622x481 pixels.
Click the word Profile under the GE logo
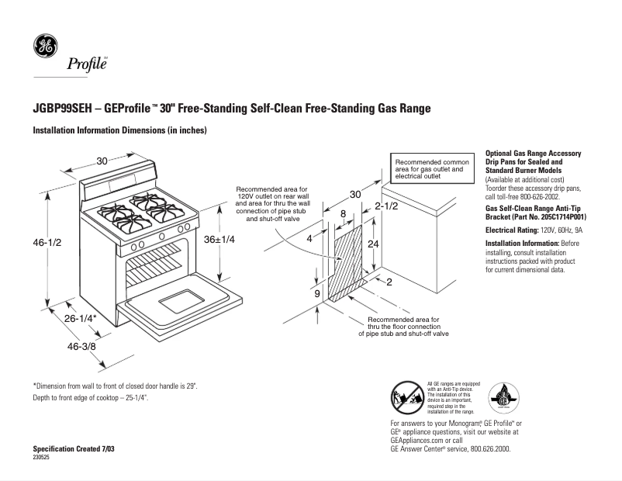(87, 65)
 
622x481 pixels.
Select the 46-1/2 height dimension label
(47, 243)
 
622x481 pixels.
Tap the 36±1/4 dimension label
(219, 240)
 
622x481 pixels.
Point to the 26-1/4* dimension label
(80, 319)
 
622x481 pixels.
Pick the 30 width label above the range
(102, 161)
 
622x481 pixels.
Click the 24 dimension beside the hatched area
(374, 243)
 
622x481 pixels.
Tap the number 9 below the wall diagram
(317, 294)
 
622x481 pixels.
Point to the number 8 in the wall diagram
(343, 213)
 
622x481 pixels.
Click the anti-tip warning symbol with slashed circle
(407, 399)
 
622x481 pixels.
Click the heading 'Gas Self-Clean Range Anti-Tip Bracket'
(534, 214)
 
